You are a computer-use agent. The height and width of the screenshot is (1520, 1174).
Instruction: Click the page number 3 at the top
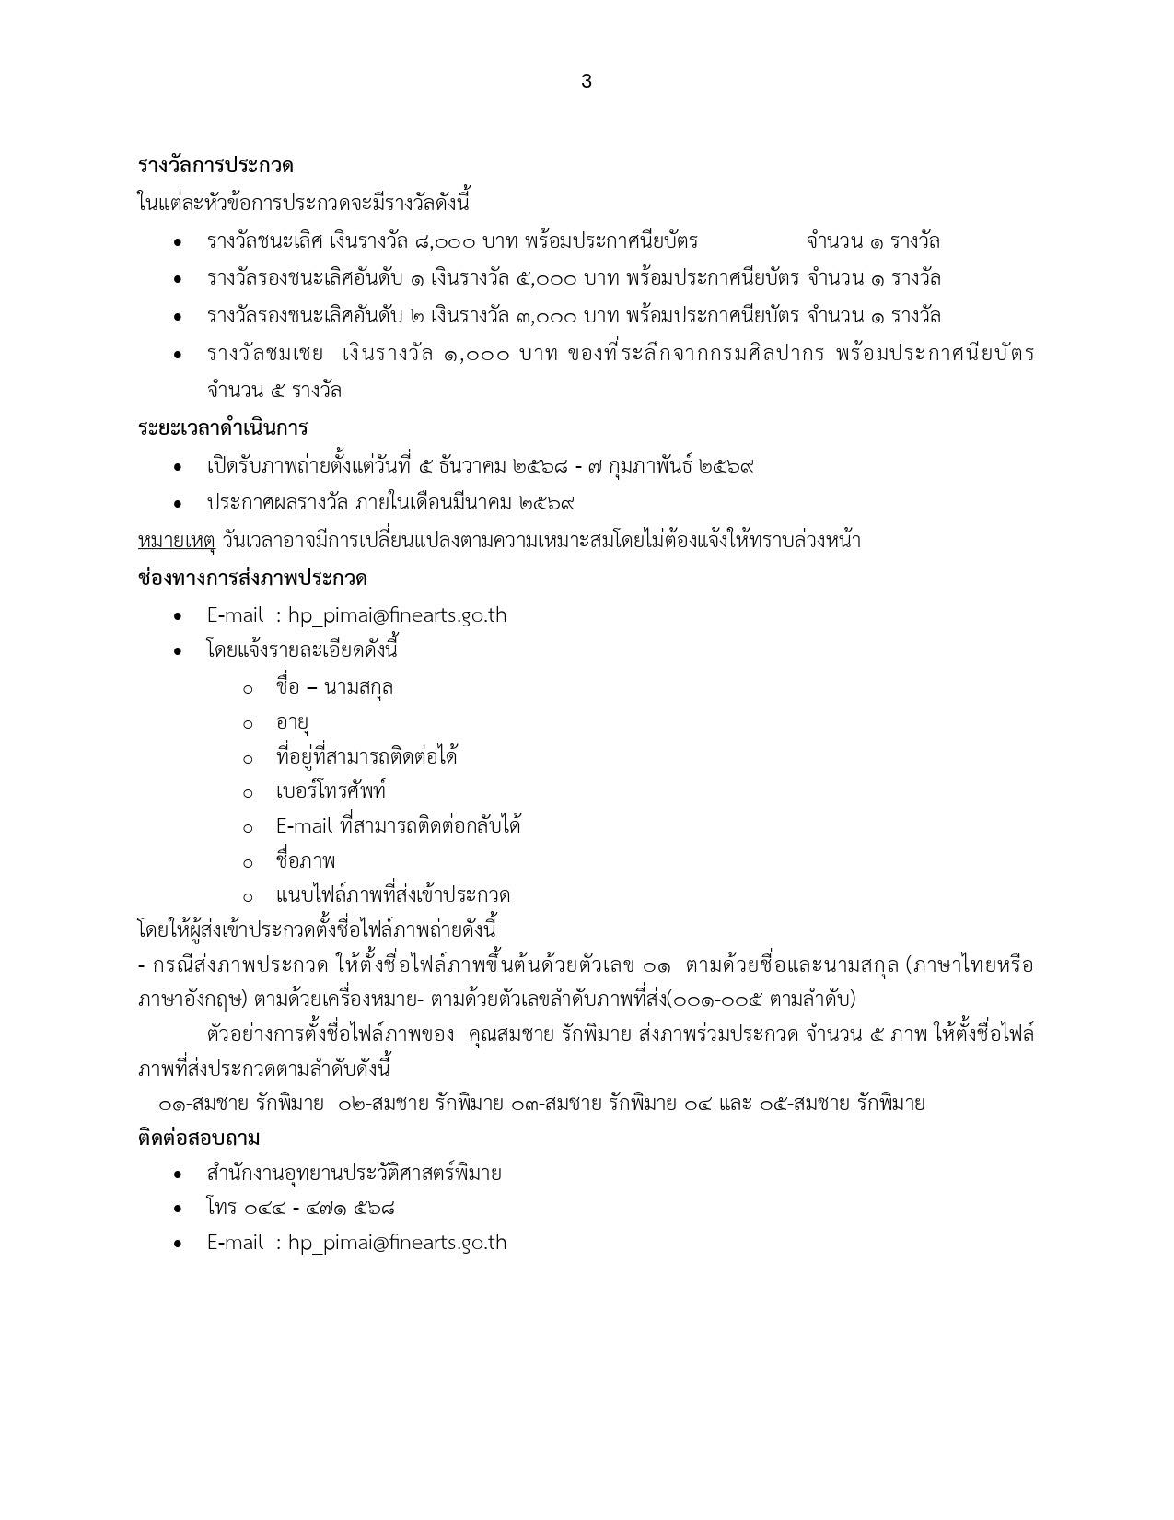click(x=587, y=81)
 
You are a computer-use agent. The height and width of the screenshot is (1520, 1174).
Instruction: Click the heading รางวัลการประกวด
click(x=215, y=166)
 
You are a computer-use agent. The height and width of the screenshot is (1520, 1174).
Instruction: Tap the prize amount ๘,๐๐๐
click(x=445, y=241)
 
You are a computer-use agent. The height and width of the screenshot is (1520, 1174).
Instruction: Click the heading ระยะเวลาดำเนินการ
click(x=222, y=428)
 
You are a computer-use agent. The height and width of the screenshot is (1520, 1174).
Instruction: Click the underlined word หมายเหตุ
click(x=175, y=541)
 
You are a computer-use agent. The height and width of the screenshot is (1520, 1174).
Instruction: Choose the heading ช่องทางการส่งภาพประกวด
click(x=252, y=579)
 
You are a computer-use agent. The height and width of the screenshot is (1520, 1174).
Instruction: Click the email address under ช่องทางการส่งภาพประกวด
click(x=397, y=615)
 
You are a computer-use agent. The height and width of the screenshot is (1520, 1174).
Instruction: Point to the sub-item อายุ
click(x=292, y=722)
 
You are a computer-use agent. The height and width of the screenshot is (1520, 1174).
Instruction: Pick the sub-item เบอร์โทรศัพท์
click(x=331, y=791)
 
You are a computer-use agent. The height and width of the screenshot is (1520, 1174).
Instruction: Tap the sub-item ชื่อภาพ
click(x=306, y=860)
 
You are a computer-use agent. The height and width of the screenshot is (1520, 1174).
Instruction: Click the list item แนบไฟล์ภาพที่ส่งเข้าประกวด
click(x=393, y=895)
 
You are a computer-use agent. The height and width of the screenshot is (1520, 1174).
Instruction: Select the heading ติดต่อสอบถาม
click(x=199, y=1139)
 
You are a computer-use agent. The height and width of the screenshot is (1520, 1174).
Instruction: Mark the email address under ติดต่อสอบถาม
click(x=397, y=1242)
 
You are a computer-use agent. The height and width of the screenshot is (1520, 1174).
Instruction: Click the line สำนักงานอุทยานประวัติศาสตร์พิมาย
click(x=355, y=1174)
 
